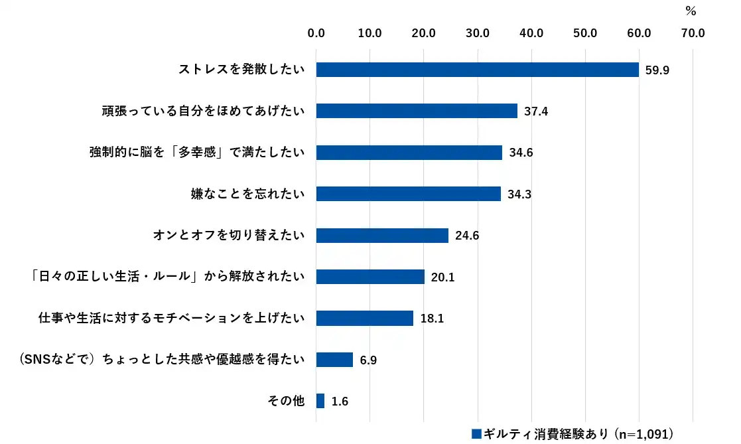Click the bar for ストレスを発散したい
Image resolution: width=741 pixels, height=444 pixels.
477,70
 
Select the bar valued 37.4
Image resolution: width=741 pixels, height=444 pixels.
417,111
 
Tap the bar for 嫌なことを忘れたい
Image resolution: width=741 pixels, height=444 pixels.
408,194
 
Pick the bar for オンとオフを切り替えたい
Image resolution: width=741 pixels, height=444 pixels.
382,235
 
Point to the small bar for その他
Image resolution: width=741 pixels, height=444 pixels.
320,401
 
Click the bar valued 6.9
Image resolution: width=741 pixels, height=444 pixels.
334,360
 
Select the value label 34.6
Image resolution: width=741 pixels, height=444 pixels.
521,153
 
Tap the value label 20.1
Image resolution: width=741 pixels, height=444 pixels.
442,277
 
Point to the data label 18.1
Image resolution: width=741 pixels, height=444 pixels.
431,319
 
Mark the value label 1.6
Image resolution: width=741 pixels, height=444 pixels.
340,402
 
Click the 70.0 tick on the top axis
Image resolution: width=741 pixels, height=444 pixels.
693,32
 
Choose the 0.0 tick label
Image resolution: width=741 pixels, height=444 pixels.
316,32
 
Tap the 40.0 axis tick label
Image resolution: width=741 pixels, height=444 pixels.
531,32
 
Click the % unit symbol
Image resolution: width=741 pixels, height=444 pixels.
691,11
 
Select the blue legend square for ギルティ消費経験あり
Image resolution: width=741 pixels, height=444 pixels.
476,433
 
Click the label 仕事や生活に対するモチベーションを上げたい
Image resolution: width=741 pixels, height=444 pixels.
172,319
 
